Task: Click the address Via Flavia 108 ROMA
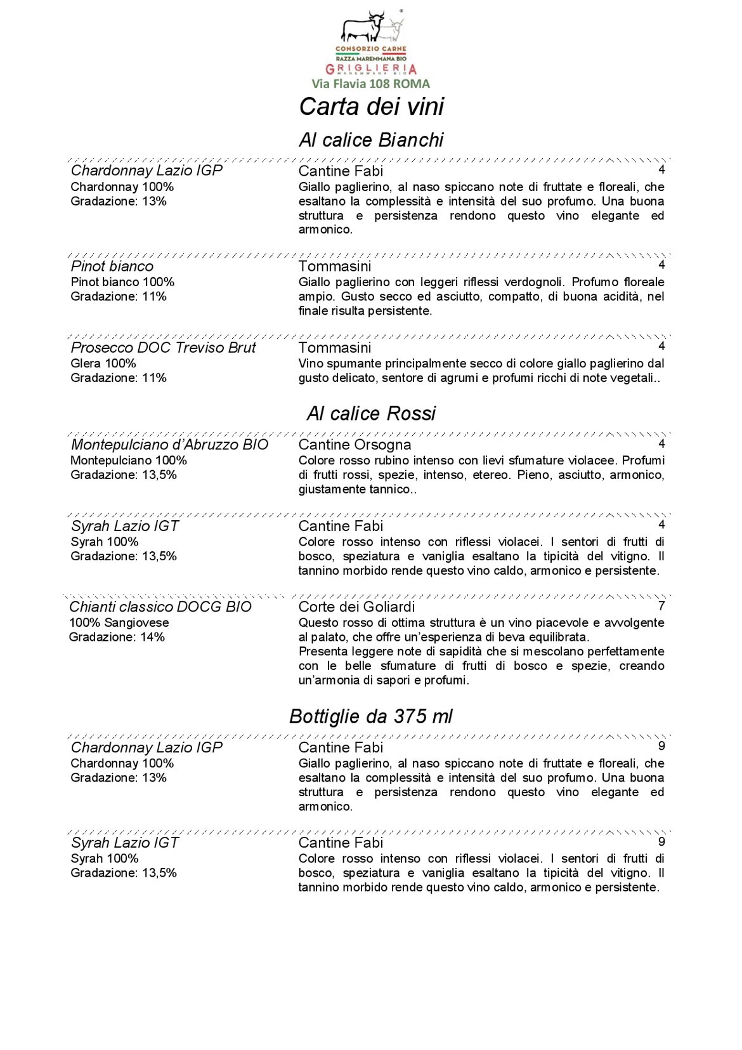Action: click(x=370, y=84)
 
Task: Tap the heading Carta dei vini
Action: click(x=371, y=107)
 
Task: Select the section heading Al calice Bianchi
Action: click(x=371, y=140)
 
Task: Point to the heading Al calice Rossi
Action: click(x=371, y=414)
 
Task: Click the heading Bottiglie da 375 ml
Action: click(x=371, y=716)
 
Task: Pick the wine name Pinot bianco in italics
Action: click(x=112, y=266)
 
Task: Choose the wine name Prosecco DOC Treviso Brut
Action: click(x=163, y=348)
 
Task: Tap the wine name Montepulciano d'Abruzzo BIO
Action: click(x=169, y=445)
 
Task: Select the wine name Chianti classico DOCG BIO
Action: click(x=160, y=607)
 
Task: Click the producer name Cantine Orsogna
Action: click(x=355, y=445)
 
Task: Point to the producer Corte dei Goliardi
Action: click(x=356, y=607)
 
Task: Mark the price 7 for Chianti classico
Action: click(x=661, y=606)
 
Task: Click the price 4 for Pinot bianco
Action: click(x=661, y=265)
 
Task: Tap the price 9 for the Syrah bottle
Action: click(x=661, y=842)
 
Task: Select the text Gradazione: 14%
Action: click(x=117, y=637)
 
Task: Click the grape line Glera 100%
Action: click(x=103, y=364)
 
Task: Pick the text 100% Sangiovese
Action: click(x=119, y=623)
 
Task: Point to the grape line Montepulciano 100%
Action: click(x=129, y=461)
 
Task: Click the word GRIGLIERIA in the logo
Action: click(x=371, y=69)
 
